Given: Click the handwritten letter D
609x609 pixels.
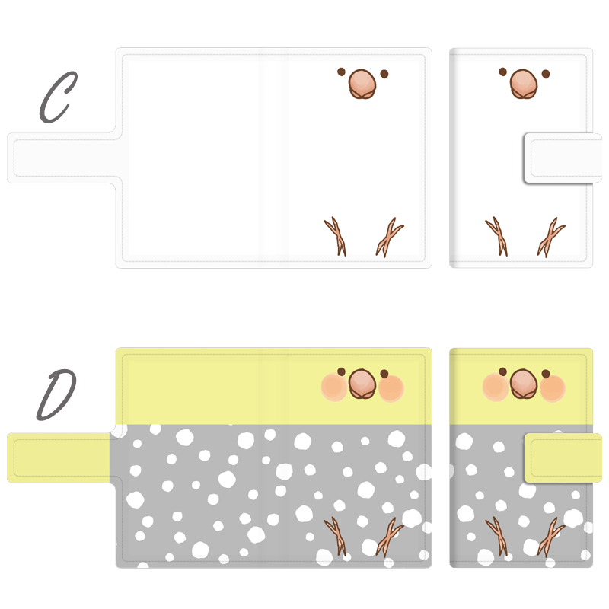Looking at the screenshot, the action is (x=56, y=395).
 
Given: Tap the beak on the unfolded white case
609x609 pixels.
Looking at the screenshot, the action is (x=362, y=84).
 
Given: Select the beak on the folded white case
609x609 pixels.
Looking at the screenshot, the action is (x=524, y=84).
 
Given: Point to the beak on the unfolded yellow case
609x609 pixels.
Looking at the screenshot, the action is (x=362, y=384).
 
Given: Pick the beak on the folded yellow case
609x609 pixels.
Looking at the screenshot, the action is (x=524, y=384).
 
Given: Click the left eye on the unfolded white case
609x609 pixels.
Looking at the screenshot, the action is (x=341, y=72).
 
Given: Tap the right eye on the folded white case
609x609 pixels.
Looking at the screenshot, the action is (x=546, y=74).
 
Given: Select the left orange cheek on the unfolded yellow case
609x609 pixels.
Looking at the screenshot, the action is (x=334, y=387).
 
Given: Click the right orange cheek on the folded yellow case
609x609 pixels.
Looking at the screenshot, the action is (x=553, y=388).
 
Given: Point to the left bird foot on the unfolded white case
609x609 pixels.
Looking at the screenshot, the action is (x=336, y=236).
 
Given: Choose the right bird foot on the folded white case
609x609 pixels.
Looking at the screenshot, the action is (x=550, y=238).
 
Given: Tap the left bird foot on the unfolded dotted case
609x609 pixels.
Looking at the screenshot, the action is (x=336, y=536).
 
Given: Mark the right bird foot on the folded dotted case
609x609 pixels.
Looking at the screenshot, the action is (x=550, y=537).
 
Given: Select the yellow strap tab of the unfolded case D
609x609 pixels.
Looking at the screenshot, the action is (x=59, y=458).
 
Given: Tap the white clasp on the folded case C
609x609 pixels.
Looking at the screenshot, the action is (x=563, y=158).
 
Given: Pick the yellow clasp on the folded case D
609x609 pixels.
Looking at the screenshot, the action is (x=563, y=458).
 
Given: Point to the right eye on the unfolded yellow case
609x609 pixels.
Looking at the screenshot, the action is (x=384, y=374).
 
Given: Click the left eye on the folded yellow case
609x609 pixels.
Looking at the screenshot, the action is (x=503, y=371).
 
